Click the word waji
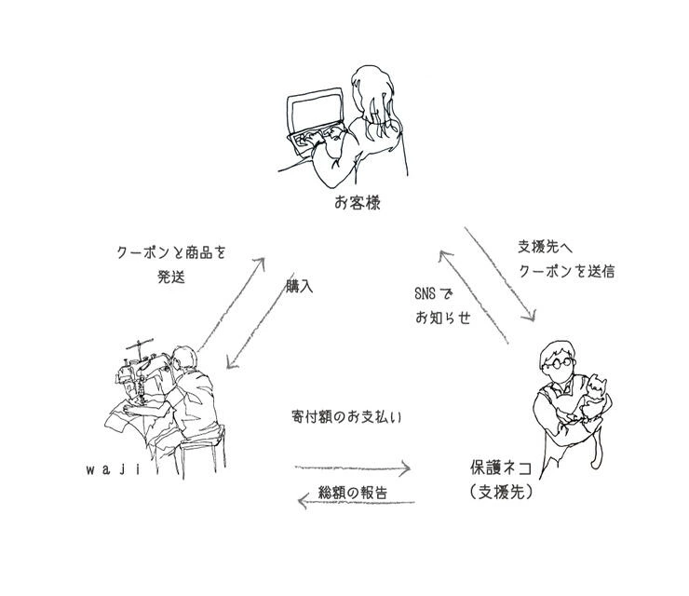(112, 470)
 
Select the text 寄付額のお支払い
(345, 417)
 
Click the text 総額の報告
(353, 492)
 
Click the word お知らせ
(443, 318)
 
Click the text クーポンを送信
(566, 272)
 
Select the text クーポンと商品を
(171, 252)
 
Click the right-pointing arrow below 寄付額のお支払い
(353, 467)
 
